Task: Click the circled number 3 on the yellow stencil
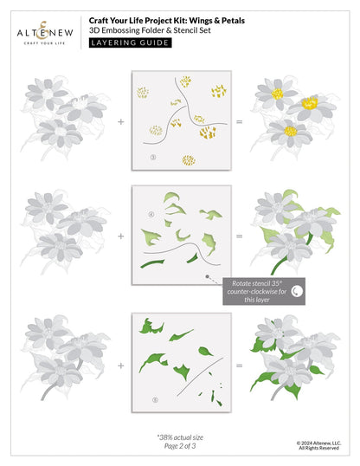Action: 152,157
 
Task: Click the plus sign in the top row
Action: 120,122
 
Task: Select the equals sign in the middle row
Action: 238,235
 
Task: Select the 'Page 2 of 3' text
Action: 178,448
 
